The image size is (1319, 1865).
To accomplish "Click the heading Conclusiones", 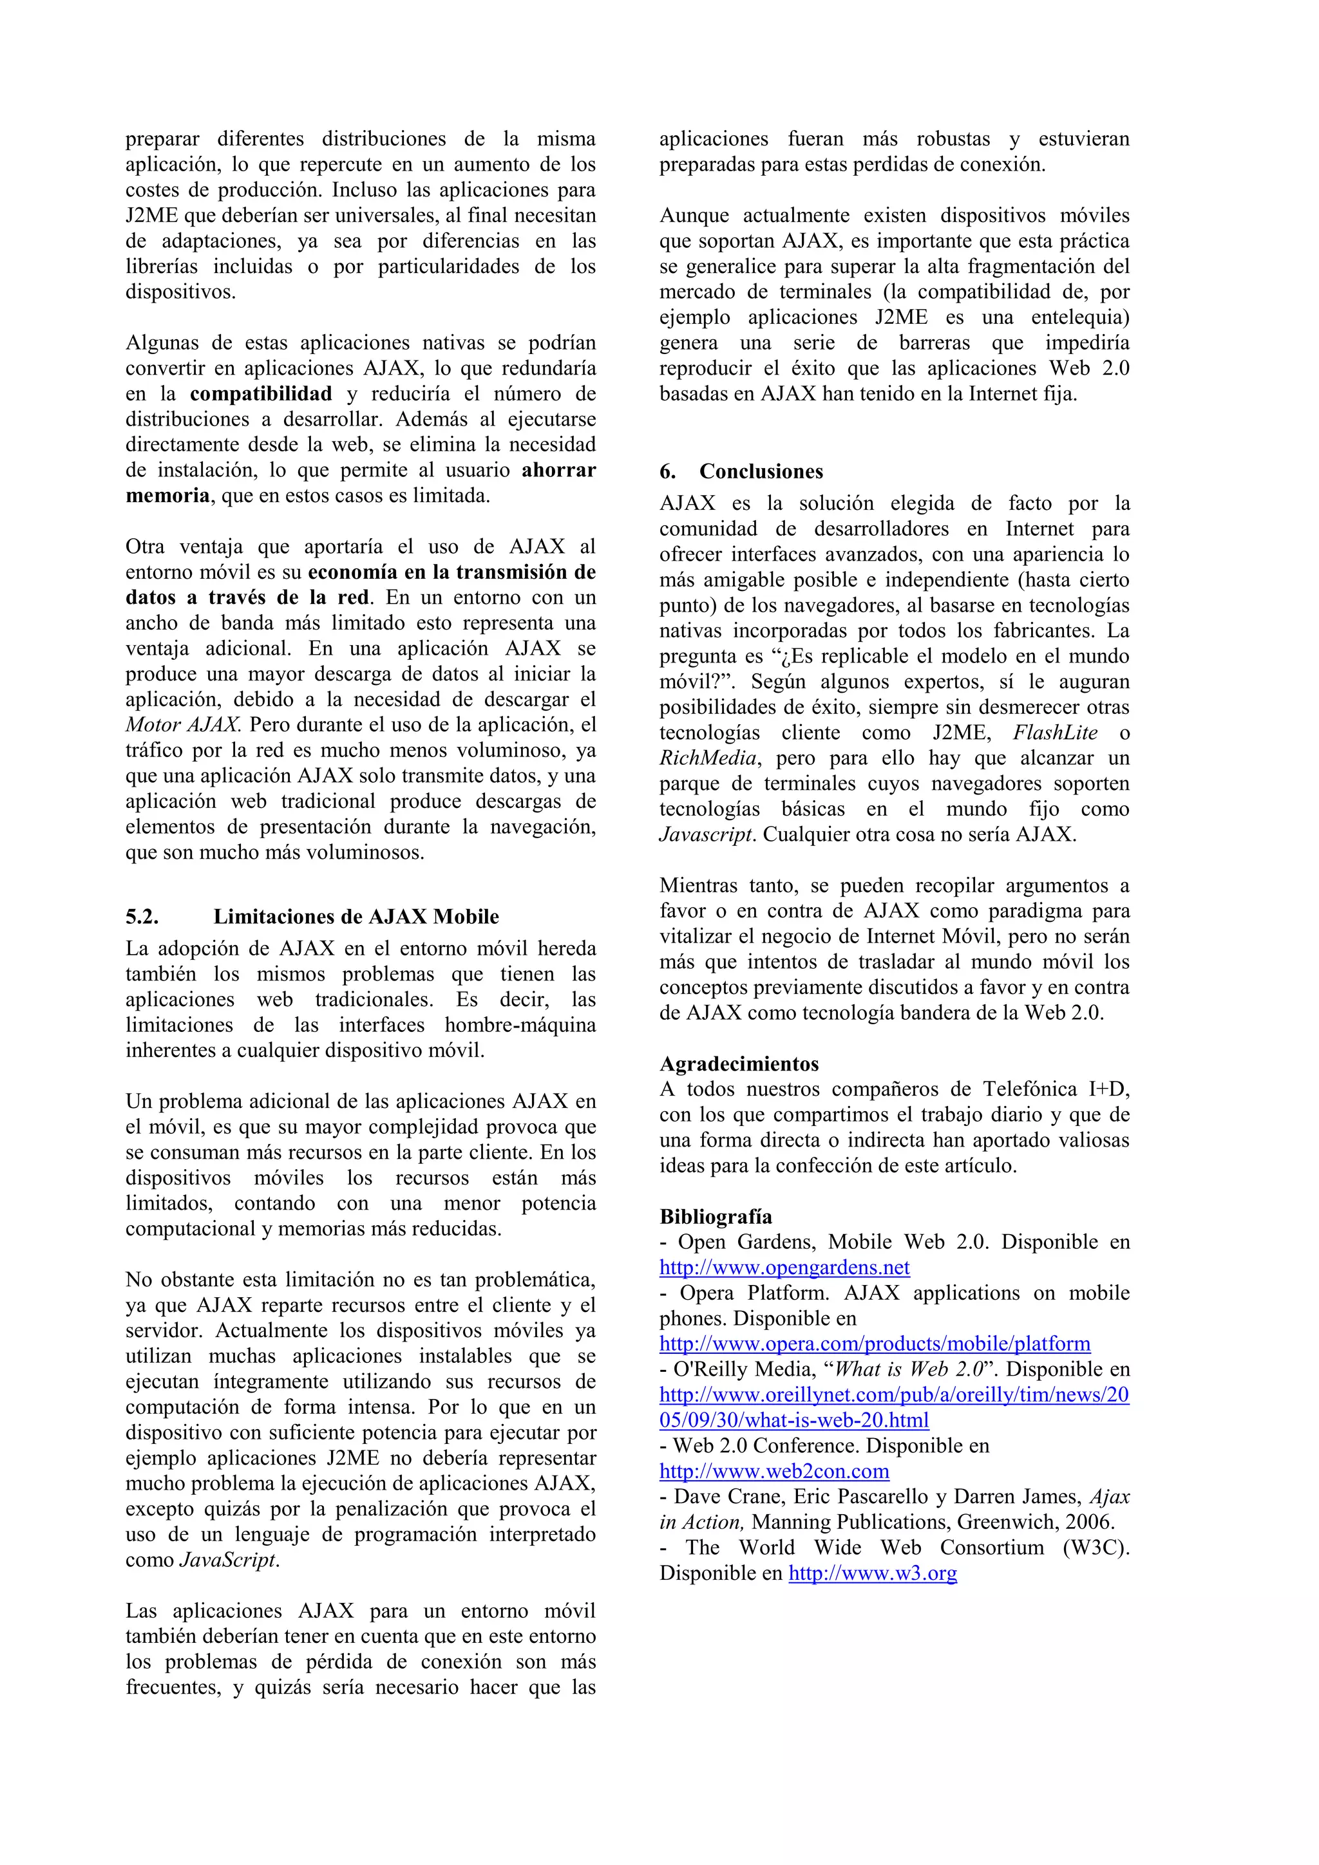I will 761,471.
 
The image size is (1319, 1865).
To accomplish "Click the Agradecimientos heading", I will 739,1064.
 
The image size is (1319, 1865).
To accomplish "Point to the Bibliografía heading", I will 715,1216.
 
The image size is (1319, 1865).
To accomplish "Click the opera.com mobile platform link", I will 875,1344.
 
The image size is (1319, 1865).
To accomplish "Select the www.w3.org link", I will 872,1573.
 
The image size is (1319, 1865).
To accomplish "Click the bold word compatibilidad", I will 261,394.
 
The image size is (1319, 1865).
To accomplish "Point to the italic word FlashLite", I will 1055,733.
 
